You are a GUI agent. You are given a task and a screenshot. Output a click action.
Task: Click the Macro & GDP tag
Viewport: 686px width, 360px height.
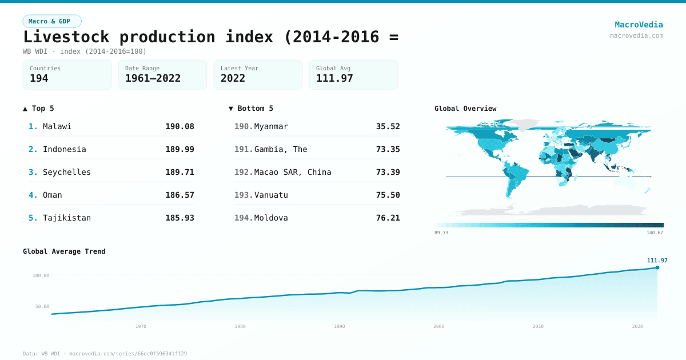(x=52, y=21)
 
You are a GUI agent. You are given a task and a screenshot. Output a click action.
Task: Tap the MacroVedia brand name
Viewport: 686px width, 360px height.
(x=639, y=25)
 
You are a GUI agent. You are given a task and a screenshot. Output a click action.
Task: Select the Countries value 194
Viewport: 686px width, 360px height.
(x=39, y=78)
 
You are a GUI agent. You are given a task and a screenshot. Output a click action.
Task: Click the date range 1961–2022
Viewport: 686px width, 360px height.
(x=153, y=78)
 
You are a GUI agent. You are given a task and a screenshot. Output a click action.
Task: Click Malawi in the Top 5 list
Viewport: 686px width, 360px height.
(x=57, y=126)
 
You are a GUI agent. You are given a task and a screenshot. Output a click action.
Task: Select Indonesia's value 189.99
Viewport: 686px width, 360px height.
(x=180, y=149)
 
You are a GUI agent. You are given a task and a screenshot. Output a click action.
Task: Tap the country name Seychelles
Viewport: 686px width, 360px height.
(x=67, y=172)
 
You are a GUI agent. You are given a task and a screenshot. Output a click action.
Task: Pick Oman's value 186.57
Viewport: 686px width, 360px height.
(x=180, y=195)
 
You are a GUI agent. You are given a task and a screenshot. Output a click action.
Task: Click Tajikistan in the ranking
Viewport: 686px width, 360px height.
(x=67, y=218)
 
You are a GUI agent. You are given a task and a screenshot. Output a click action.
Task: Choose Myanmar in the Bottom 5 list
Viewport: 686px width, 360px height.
(x=271, y=126)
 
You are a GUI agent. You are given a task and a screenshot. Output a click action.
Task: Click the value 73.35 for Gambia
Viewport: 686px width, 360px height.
(x=388, y=149)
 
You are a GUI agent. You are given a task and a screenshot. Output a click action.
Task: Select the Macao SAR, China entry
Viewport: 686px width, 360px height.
(x=293, y=172)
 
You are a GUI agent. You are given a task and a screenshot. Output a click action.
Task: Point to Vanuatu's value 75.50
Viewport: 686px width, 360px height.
(x=388, y=195)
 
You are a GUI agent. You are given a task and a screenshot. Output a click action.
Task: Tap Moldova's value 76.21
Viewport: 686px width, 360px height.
(x=388, y=218)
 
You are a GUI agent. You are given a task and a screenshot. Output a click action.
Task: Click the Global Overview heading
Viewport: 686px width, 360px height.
(x=465, y=109)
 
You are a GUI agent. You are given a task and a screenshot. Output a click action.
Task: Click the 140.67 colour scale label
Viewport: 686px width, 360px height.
(x=655, y=233)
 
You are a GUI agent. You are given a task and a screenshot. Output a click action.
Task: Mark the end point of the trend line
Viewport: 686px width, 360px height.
(x=657, y=267)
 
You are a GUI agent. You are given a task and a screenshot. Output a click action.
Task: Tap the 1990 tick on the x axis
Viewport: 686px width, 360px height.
(x=340, y=326)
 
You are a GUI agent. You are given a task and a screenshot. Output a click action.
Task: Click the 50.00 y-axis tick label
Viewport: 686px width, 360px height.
(x=41, y=307)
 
